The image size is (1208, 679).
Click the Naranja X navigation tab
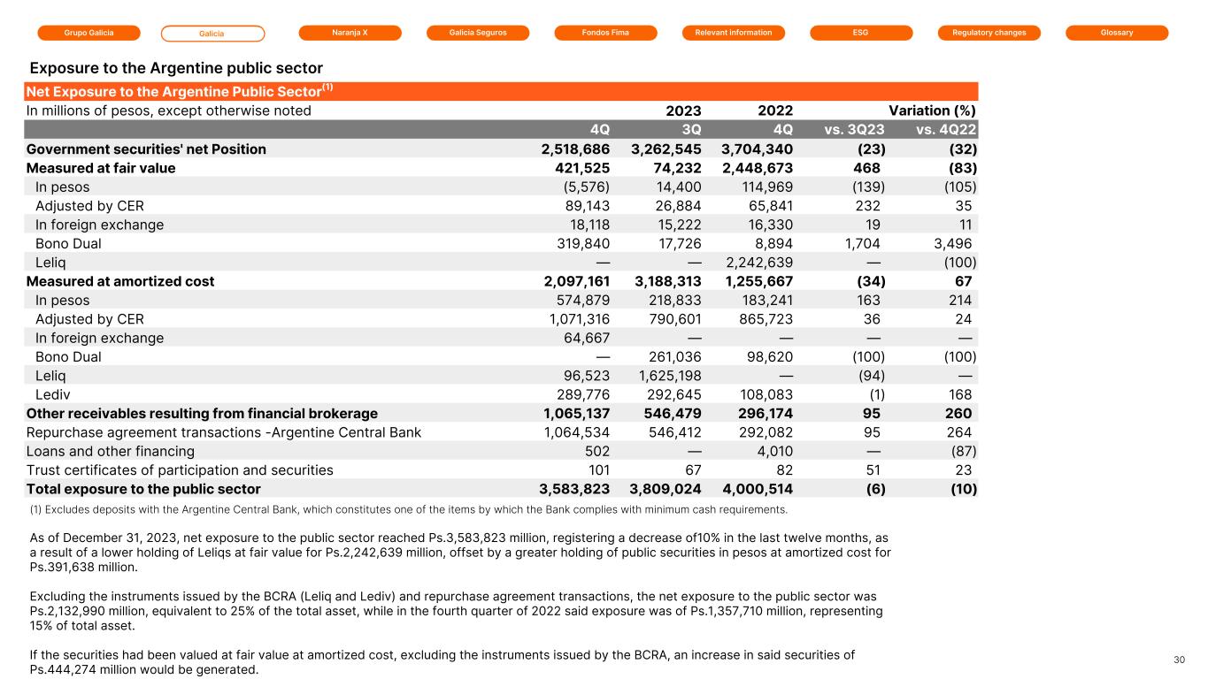click(350, 33)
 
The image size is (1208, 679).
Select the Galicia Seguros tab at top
click(478, 33)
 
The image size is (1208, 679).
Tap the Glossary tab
click(1117, 33)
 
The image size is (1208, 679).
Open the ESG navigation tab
click(861, 33)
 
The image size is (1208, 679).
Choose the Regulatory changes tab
click(989, 33)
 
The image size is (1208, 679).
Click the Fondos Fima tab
click(605, 33)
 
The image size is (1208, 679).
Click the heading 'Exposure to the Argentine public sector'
click(176, 68)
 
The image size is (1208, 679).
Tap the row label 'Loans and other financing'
click(111, 451)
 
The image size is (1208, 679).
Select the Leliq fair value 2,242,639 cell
click(759, 263)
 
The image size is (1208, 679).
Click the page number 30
click(1179, 660)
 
